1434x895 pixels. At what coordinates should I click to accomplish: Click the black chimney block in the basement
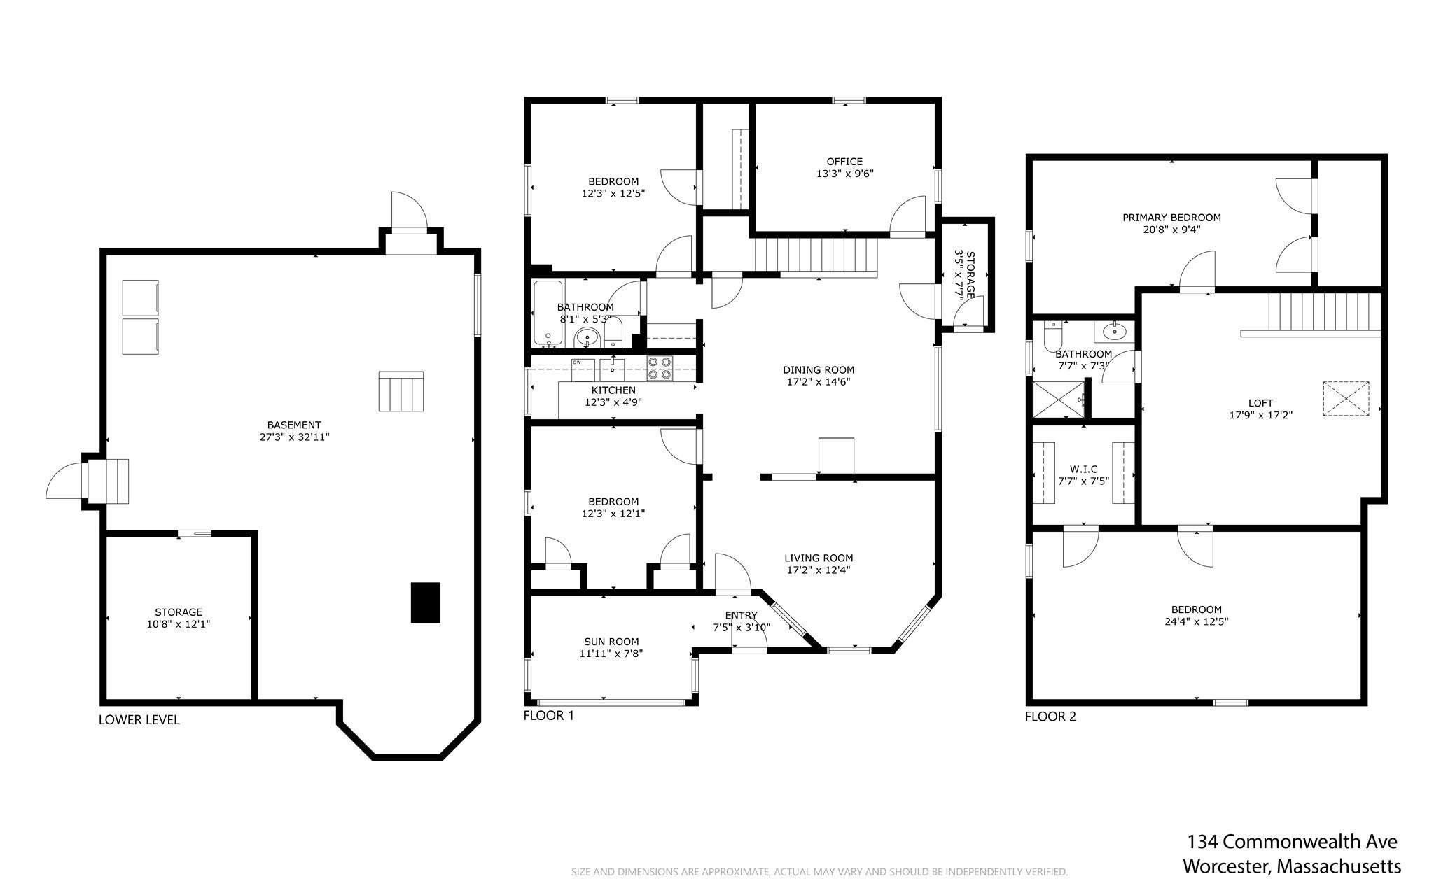(x=425, y=602)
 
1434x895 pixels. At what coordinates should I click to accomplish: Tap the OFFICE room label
(x=844, y=162)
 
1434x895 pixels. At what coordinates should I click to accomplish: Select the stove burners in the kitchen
(x=660, y=368)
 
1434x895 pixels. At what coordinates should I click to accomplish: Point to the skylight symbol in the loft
(x=1346, y=399)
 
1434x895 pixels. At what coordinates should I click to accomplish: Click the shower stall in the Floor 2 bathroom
(x=1059, y=398)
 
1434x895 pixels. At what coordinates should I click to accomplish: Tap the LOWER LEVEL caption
(x=139, y=720)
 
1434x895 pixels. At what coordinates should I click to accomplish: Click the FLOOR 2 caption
(x=1050, y=717)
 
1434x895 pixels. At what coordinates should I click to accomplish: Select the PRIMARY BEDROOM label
(x=1171, y=218)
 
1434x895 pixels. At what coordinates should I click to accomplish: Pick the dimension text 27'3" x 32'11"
(x=294, y=437)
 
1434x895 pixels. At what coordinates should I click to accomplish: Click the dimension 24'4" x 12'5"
(x=1197, y=621)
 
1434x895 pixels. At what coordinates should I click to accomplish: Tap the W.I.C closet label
(x=1083, y=469)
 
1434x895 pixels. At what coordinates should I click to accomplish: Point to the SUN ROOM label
(x=611, y=642)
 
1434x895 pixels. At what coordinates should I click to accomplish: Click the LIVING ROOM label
(x=819, y=558)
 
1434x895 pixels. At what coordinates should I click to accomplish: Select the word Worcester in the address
(x=1225, y=866)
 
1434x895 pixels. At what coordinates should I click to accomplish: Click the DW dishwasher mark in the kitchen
(x=578, y=362)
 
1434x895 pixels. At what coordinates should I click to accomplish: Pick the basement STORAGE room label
(x=179, y=612)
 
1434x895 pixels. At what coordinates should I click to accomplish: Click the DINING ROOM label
(x=819, y=370)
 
